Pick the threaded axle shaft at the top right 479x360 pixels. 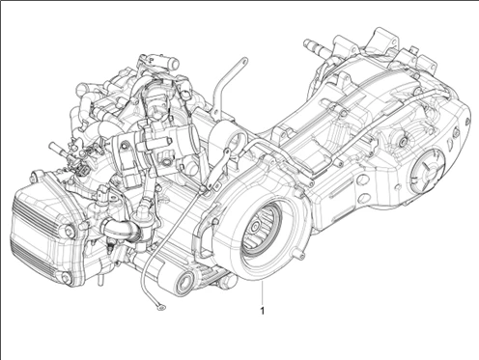(318, 46)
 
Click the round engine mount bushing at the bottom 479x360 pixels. (179, 284)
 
